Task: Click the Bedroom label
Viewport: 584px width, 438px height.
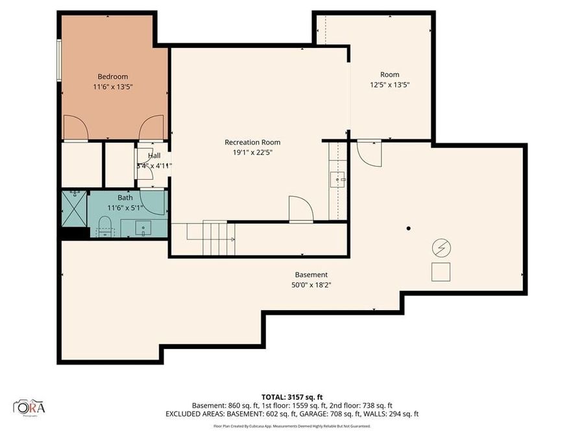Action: click(113, 76)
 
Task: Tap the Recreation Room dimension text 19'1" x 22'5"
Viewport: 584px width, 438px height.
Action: click(252, 153)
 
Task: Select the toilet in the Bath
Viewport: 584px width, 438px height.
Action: click(105, 227)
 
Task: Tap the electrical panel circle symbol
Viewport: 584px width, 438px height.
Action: click(441, 247)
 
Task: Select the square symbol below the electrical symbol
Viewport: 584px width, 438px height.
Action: click(441, 272)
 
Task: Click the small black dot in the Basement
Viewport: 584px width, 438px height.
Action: click(408, 228)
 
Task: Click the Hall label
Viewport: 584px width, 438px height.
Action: click(154, 156)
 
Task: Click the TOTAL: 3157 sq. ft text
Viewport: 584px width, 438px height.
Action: click(291, 396)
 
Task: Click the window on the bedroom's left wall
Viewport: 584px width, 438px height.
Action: click(60, 60)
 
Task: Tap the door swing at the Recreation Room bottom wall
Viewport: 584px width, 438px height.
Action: click(301, 209)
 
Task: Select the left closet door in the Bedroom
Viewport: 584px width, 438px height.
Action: click(75, 128)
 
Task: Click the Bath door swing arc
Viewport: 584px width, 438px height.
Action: click(153, 202)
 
